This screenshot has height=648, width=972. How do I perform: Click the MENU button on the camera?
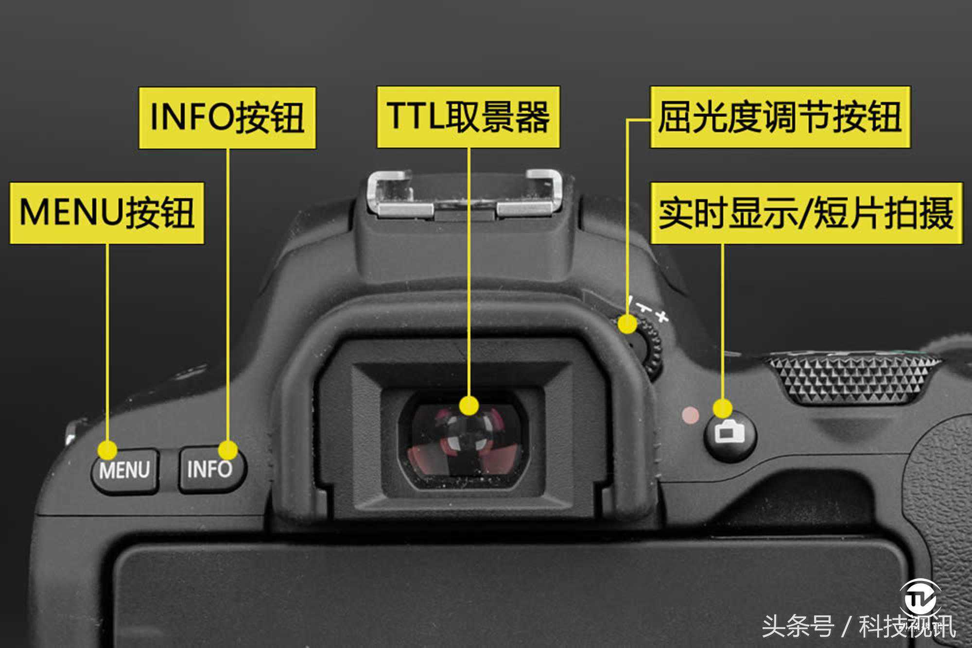124,470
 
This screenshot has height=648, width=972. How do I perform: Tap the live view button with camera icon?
730,434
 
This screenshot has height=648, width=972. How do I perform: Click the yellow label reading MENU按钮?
106,213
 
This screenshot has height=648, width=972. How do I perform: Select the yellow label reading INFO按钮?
227,118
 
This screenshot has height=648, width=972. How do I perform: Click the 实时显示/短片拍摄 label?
806,213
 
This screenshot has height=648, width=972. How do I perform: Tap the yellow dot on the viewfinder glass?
469,406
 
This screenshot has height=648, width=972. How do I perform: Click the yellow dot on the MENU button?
107,450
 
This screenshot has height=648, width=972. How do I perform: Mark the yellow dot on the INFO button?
228,450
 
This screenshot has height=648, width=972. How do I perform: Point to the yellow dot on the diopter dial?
628,324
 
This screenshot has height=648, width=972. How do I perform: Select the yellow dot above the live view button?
723,408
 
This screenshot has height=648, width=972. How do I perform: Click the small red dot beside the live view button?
691,415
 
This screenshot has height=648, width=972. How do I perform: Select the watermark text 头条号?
798,626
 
